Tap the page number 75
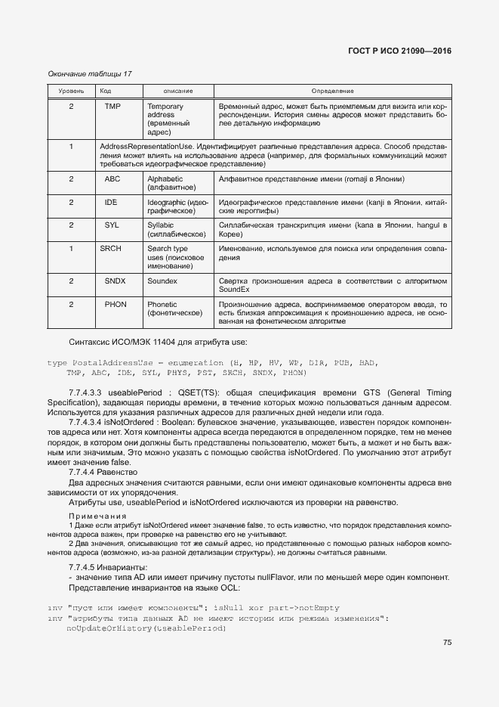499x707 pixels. point(447,643)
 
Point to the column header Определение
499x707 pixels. point(332,91)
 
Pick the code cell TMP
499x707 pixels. point(113,107)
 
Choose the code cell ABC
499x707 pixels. point(112,179)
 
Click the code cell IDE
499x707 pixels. point(112,203)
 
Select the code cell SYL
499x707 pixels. point(112,225)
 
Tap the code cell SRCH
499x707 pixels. point(111,248)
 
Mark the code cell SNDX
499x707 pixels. point(115,281)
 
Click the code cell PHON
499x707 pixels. point(116,304)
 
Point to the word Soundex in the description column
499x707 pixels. point(162,281)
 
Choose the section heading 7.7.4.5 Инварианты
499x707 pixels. point(108,567)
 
